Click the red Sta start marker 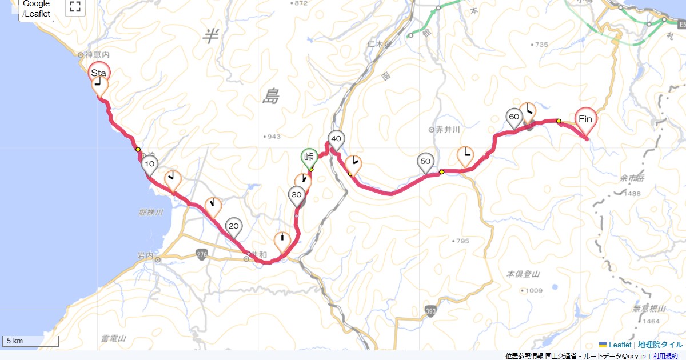tap(99, 73)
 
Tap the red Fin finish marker tap(585, 119)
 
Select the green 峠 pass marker tap(309, 157)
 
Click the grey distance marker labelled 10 tap(150, 165)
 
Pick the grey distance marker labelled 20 tap(233, 226)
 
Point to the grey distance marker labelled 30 tap(296, 195)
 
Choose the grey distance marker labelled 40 tap(336, 139)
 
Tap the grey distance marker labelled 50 tap(425, 162)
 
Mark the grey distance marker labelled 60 tap(514, 117)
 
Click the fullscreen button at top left tap(74, 7)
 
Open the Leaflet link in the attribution tap(620, 345)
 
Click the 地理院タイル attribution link tap(660, 345)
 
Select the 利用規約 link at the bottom tap(666, 356)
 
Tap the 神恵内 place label tap(95, 55)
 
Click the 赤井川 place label tap(448, 130)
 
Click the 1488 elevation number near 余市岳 tap(632, 194)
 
